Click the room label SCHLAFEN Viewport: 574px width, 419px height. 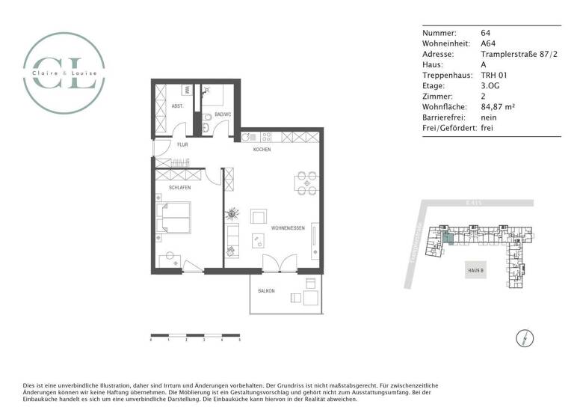[x=179, y=188]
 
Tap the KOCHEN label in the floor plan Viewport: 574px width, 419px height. [x=262, y=150]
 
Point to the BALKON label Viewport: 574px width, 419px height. [x=266, y=290]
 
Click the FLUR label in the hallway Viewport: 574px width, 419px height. [x=182, y=144]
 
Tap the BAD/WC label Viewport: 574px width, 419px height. [x=223, y=114]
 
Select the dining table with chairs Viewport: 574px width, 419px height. [x=305, y=183]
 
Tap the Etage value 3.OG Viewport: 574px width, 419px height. [x=492, y=86]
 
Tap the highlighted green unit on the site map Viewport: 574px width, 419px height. [x=446, y=239]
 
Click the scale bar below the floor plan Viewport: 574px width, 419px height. [x=195, y=334]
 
